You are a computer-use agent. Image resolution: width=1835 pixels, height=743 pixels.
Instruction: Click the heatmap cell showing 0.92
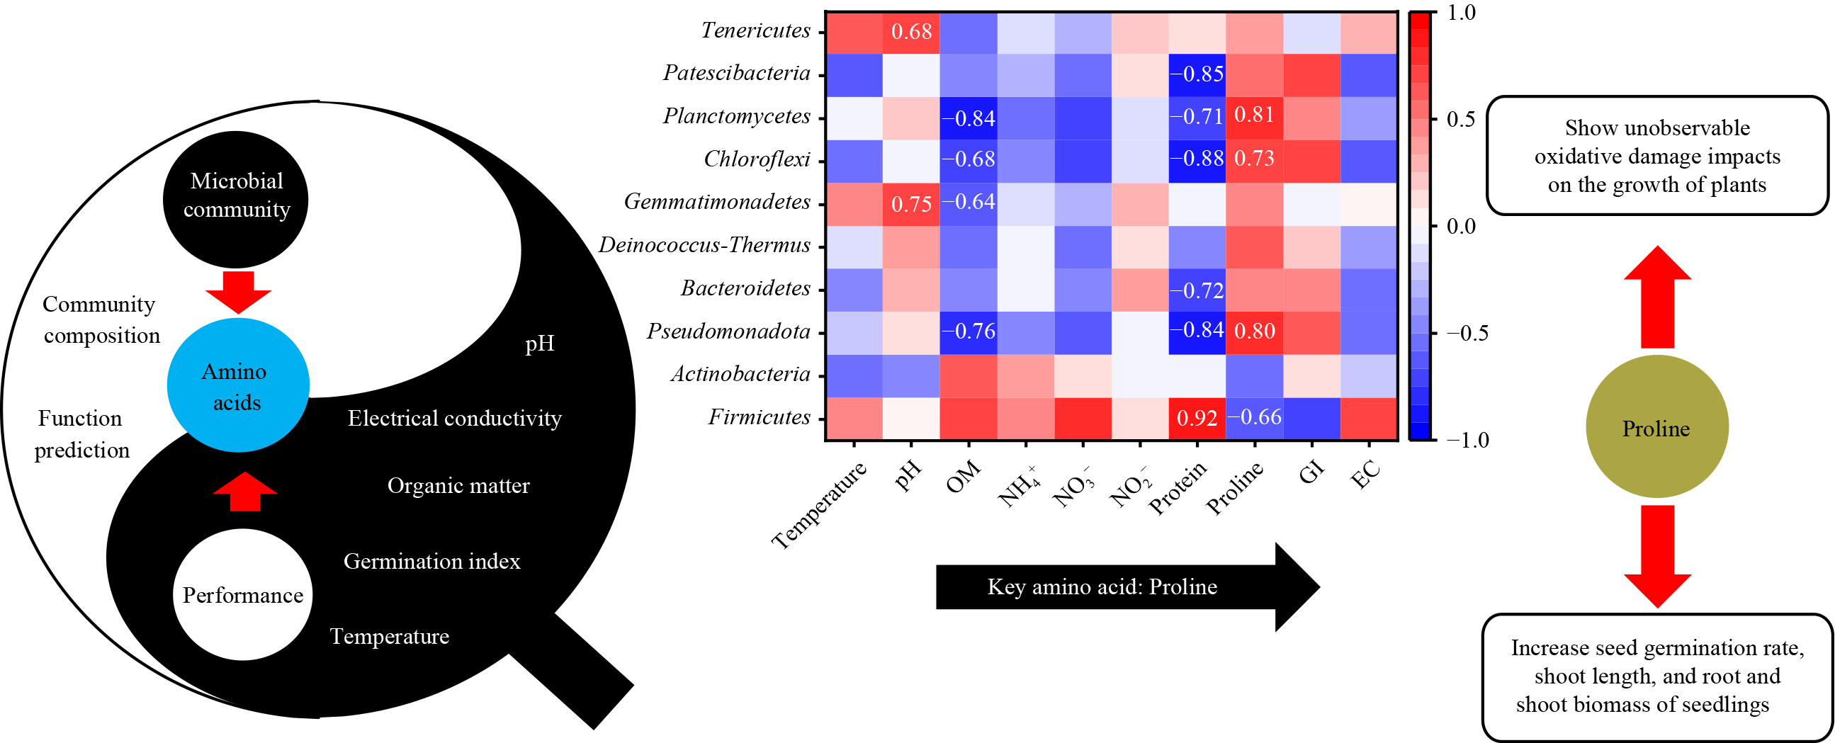(x=1197, y=418)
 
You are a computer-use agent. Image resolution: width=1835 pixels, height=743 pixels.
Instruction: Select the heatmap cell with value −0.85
(x=1197, y=74)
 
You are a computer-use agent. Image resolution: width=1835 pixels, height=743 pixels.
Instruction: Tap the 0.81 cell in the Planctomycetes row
(x=1254, y=115)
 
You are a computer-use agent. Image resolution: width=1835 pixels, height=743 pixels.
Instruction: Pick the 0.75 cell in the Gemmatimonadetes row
(x=911, y=205)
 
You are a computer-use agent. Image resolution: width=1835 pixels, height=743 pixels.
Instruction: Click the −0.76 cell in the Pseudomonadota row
(x=968, y=332)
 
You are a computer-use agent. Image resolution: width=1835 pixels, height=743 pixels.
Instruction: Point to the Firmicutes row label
(x=759, y=417)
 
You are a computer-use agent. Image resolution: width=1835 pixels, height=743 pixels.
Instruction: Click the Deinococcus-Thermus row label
(x=704, y=246)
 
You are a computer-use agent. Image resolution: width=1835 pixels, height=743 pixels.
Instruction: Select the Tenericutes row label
(x=755, y=30)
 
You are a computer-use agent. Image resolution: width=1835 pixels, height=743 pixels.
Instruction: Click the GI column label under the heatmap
(x=1310, y=472)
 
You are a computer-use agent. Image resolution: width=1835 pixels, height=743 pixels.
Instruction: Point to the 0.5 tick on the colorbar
(x=1460, y=119)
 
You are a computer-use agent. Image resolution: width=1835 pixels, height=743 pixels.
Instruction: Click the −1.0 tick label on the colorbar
(x=1467, y=441)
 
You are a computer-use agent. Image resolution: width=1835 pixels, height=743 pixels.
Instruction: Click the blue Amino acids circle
(x=238, y=385)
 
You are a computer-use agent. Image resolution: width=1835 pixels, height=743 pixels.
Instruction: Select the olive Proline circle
(x=1656, y=427)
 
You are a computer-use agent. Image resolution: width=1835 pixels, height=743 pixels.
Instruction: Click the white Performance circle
(x=242, y=595)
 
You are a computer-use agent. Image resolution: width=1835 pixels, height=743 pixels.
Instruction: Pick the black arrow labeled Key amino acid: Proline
(x=1126, y=587)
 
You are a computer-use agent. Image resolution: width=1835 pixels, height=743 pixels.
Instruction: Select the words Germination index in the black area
(x=431, y=562)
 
